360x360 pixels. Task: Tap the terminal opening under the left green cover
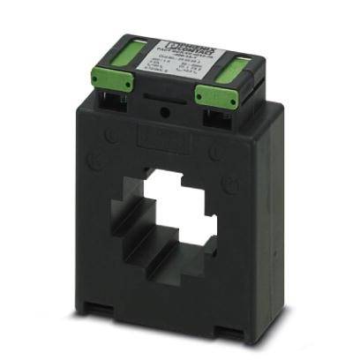pos(113,99)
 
